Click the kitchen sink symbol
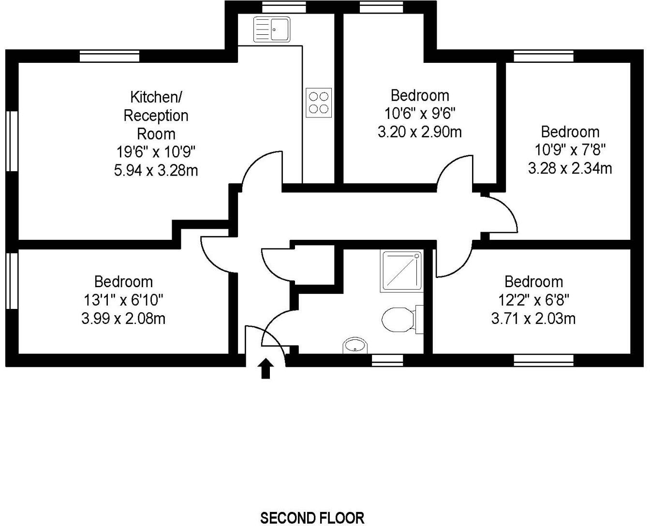pyautogui.click(x=272, y=29)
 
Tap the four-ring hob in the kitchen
pyautogui.click(x=319, y=102)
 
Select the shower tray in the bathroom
pyautogui.click(x=401, y=271)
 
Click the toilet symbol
pyautogui.click(x=402, y=320)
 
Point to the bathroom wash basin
pyautogui.click(x=355, y=345)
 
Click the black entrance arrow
pyautogui.click(x=266, y=368)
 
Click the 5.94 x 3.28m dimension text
pyautogui.click(x=156, y=170)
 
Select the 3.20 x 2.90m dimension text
pyautogui.click(x=420, y=132)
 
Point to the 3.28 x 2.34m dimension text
pyautogui.click(x=570, y=168)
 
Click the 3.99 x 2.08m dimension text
pyautogui.click(x=123, y=319)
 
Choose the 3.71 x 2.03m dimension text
pyautogui.click(x=533, y=319)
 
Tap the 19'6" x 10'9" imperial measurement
pyautogui.click(x=156, y=152)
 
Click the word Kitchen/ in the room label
pyautogui.click(x=156, y=97)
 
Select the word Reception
pyautogui.click(x=156, y=116)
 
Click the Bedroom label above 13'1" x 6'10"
pyautogui.click(x=123, y=281)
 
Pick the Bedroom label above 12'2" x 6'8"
pyautogui.click(x=533, y=281)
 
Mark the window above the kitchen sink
pyautogui.click(x=284, y=7)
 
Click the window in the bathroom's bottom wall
pyautogui.click(x=387, y=360)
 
